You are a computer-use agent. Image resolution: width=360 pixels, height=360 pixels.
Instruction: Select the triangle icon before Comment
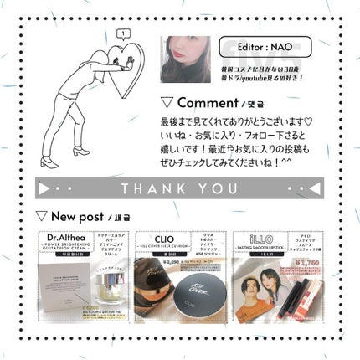167,103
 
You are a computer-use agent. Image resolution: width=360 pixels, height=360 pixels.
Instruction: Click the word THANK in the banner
151,188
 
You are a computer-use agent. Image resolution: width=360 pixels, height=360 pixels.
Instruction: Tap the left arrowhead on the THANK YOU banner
47,188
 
